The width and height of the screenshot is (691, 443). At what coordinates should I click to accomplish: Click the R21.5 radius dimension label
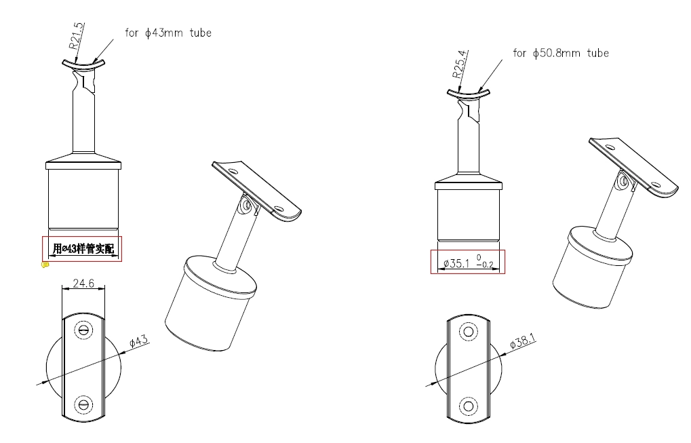coord(76,36)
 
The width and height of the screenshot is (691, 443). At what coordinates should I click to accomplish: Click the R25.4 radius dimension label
coord(460,64)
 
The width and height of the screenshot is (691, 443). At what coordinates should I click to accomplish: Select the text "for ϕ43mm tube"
coord(168,33)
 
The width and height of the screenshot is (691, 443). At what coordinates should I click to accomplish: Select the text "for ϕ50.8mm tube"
coord(561,54)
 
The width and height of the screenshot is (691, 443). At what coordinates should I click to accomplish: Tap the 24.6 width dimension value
coord(83,283)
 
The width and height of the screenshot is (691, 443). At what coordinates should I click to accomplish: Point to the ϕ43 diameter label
coord(139,342)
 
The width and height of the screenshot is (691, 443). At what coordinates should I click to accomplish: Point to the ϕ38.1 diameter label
coord(523,341)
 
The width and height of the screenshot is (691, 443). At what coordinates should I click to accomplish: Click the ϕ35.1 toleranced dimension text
coord(468,262)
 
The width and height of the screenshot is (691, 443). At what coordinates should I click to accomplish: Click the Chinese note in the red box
coord(83,249)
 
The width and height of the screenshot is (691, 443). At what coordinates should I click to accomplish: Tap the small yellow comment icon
coord(45,265)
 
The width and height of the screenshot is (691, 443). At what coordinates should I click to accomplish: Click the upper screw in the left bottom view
coord(83,330)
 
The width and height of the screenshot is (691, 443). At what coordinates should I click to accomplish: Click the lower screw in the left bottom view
coord(83,404)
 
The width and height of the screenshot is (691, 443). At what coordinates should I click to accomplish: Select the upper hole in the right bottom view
coord(469,332)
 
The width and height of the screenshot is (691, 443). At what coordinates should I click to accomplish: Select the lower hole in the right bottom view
coord(469,406)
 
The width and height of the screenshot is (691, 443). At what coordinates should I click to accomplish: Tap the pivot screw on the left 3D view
coord(246,205)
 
